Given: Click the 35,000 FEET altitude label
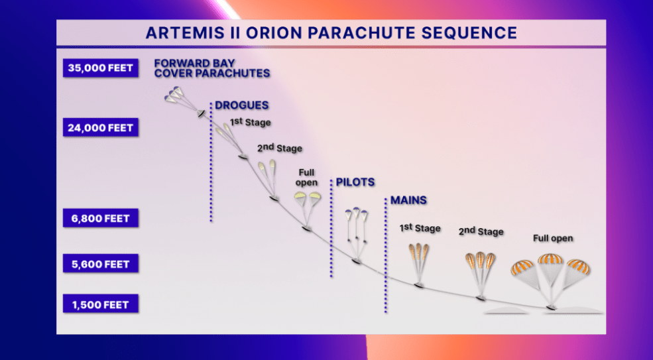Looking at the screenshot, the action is pyautogui.click(x=100, y=68).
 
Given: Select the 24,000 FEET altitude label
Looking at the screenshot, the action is pyautogui.click(x=100, y=127).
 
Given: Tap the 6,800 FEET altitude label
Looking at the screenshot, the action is pyautogui.click(x=100, y=218).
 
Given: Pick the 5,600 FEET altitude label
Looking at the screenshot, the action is pyautogui.click(x=100, y=264).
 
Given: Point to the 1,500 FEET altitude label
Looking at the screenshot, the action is pyautogui.click(x=100, y=304).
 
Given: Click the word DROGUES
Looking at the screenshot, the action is pyautogui.click(x=241, y=105).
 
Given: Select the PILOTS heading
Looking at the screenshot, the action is pyautogui.click(x=355, y=182).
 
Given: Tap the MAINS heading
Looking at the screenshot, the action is pyautogui.click(x=408, y=200).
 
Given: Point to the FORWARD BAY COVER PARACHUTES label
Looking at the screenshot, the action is pyautogui.click(x=212, y=68).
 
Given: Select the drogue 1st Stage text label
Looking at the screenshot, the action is pyautogui.click(x=251, y=122).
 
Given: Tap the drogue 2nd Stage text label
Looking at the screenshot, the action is pyautogui.click(x=280, y=147).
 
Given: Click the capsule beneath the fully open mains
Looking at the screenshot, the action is pyautogui.click(x=552, y=308).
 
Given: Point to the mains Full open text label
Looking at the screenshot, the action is pyautogui.click(x=553, y=238).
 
